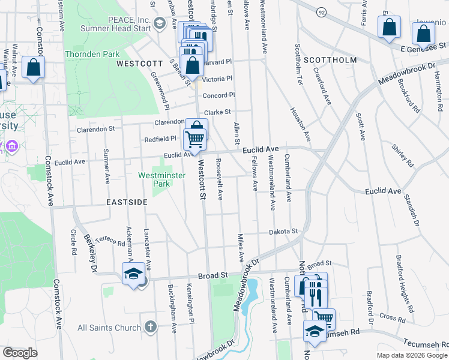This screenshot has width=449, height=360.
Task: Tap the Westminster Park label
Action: (160, 179)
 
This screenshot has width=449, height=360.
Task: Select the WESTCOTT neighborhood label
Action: (139, 63)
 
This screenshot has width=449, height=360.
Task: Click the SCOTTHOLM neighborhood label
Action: (330, 60)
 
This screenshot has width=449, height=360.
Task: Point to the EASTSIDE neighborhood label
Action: (127, 202)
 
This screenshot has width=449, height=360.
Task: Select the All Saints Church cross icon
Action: (151, 328)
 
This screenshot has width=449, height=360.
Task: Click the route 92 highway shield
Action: (322, 11)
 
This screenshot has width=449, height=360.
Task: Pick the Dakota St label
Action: (283, 231)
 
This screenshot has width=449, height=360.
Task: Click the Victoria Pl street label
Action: (217, 79)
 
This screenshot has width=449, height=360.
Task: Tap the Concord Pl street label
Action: (218, 95)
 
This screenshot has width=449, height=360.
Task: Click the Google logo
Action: (20, 353)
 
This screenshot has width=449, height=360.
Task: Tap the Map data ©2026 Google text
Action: (412, 355)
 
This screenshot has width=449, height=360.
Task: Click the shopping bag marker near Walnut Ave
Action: (34, 68)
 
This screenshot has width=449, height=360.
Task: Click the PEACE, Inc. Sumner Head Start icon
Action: (159, 23)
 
